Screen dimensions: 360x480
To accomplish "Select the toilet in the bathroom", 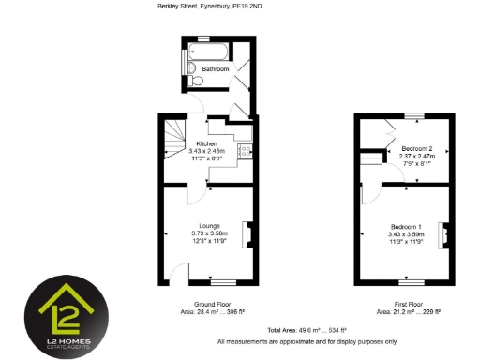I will point(193,82).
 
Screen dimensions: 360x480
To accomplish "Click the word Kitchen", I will point(207,143).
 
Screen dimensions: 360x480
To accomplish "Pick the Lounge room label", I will point(205,225).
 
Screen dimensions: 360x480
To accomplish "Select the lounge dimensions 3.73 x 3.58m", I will point(205,233).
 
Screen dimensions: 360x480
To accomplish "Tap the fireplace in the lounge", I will point(247,232).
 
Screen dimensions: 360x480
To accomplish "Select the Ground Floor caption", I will point(206,305).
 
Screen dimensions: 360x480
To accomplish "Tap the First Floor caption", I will point(407,305).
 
